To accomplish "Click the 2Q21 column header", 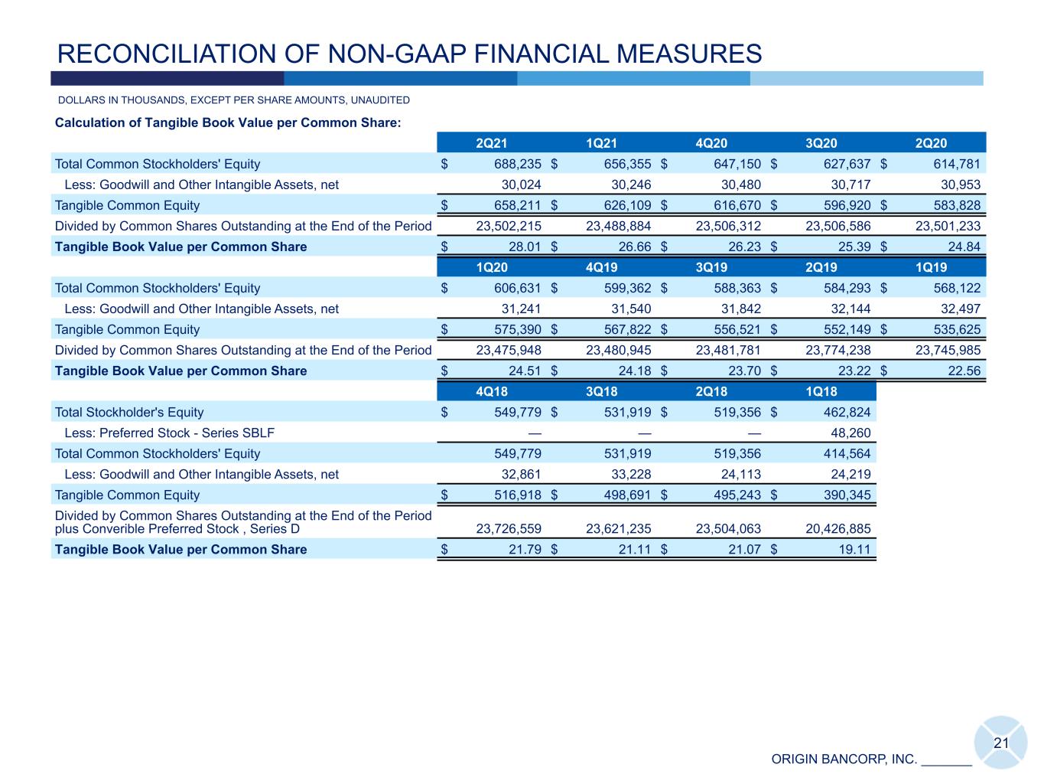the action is pyautogui.click(x=491, y=143).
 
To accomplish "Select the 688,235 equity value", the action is pyautogui.click(x=517, y=164).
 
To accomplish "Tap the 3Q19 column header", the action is pyautogui.click(x=711, y=267).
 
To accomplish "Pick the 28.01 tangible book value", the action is pyautogui.click(x=525, y=247).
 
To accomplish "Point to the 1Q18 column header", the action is pyautogui.click(x=821, y=392).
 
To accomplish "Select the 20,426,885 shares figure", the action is pyautogui.click(x=838, y=529).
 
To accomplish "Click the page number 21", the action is pyautogui.click(x=1000, y=743).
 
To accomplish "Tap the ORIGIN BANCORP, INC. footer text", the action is pyautogui.click(x=844, y=759).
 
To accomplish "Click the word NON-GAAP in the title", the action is pyautogui.click(x=396, y=54).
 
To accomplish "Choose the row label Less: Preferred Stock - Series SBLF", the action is pyautogui.click(x=169, y=433).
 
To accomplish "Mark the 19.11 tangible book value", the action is pyautogui.click(x=854, y=550).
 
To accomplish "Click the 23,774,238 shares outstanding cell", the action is pyautogui.click(x=838, y=351).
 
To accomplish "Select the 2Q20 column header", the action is pyautogui.click(x=931, y=143).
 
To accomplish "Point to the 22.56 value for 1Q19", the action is pyautogui.click(x=964, y=371).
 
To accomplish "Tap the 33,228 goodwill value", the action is pyautogui.click(x=631, y=475).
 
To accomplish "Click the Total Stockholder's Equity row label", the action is pyautogui.click(x=129, y=412).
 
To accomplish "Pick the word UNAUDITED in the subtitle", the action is pyautogui.click(x=380, y=100).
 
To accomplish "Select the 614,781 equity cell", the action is pyautogui.click(x=957, y=164).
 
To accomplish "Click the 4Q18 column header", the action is pyautogui.click(x=491, y=392).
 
